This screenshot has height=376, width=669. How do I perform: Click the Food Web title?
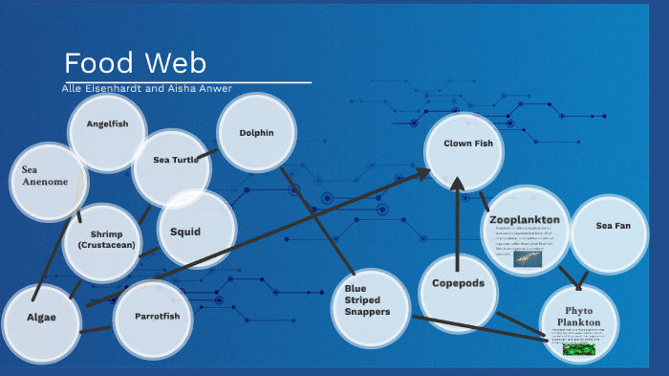(135, 63)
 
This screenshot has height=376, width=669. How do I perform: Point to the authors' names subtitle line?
(146, 89)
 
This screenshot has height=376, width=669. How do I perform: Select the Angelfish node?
(107, 125)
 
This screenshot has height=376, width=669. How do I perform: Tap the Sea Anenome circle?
(46, 176)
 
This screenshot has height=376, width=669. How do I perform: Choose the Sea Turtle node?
(170, 161)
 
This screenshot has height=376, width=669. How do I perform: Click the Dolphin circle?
(255, 133)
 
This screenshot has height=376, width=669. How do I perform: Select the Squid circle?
(196, 231)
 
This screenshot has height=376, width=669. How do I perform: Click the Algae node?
(41, 319)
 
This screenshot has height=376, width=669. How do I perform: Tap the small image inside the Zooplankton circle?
(528, 257)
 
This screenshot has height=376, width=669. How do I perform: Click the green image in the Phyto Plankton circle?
(578, 348)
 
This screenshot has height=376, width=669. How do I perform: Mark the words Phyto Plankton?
(579, 317)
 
